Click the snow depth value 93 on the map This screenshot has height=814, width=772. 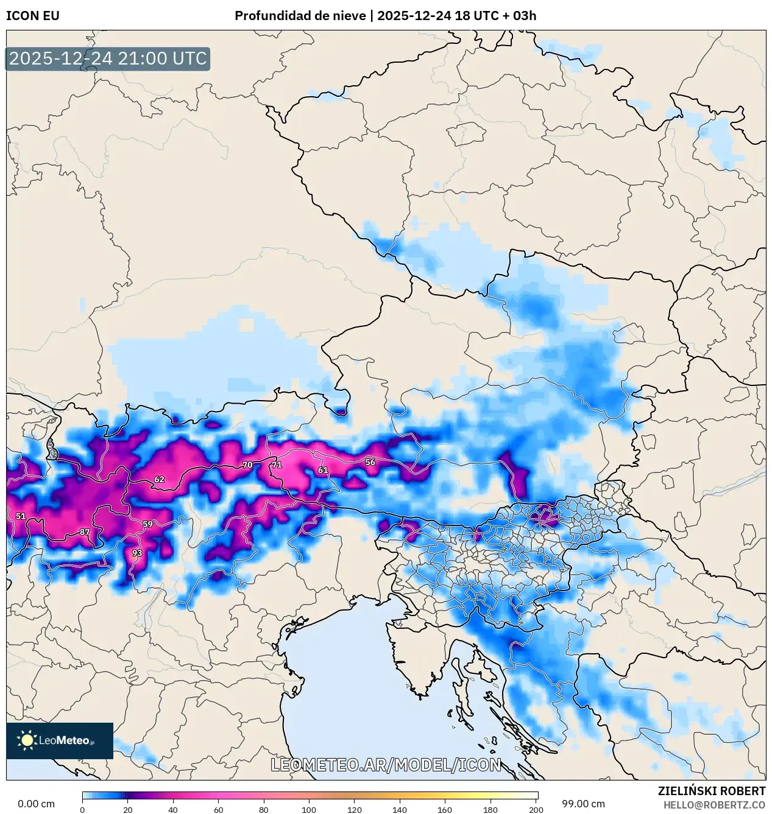tap(137, 553)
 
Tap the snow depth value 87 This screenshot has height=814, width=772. tap(85, 532)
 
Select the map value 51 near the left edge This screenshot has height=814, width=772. tap(21, 516)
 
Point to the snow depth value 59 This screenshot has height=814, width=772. tap(147, 524)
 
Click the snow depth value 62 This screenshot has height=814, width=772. tap(159, 479)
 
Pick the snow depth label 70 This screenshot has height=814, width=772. tap(247, 465)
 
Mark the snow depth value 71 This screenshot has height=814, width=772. tap(277, 465)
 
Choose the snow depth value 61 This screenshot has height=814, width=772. tap(323, 470)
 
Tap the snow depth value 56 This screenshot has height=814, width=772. tap(370, 462)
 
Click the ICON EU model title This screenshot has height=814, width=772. tap(33, 16)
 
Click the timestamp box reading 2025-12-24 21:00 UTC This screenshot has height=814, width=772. tap(108, 59)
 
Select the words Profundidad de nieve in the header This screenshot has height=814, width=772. tap(300, 16)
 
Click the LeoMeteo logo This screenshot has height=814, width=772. tap(60, 740)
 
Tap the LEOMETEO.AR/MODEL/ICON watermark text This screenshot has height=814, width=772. tap(386, 765)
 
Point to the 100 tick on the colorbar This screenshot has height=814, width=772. tap(309, 810)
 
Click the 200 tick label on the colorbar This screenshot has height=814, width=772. tap(536, 810)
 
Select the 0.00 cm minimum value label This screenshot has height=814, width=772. tap(36, 804)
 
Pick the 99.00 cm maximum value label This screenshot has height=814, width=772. tap(583, 804)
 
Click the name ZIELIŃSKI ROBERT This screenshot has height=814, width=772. tap(711, 791)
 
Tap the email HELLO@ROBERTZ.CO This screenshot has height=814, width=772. tap(714, 805)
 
